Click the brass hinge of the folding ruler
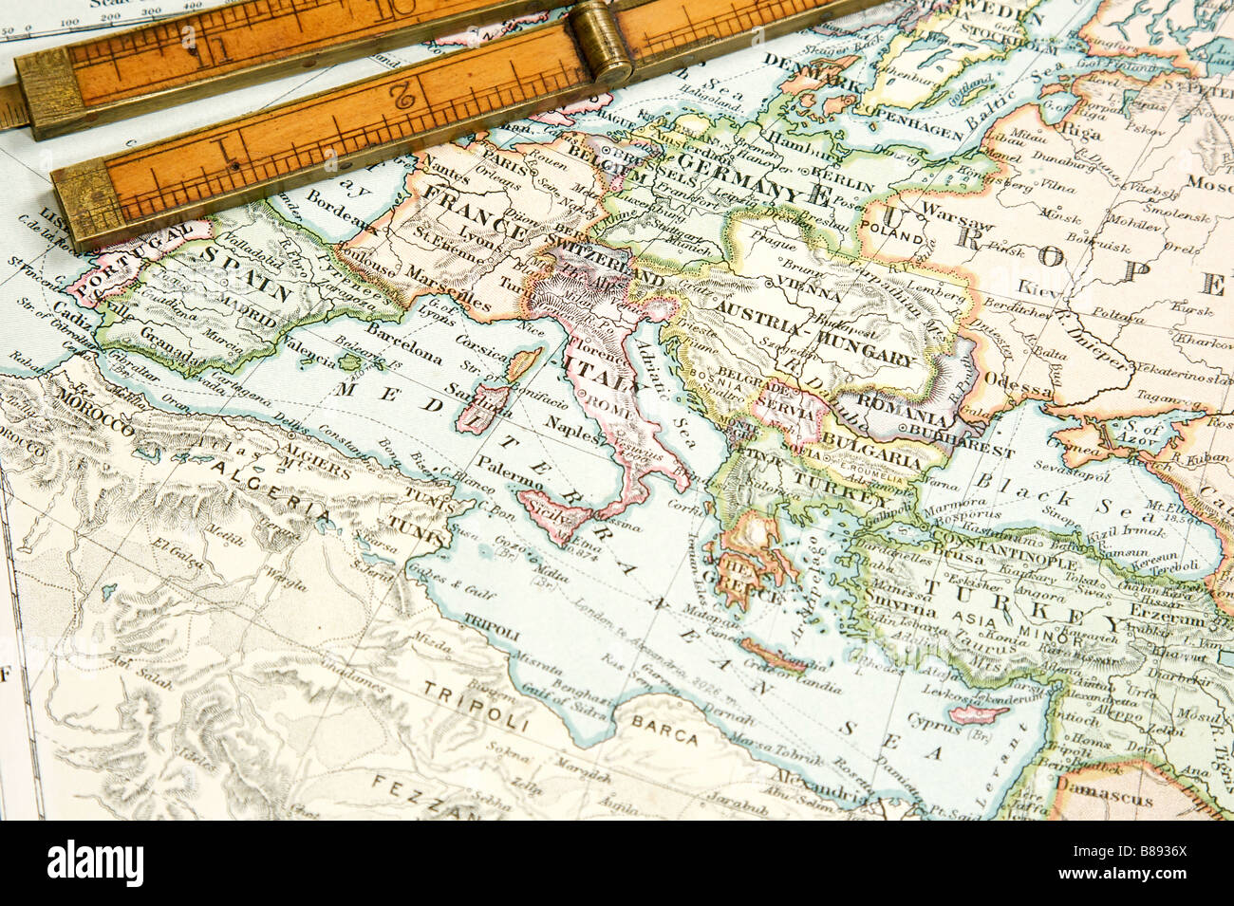601,43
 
